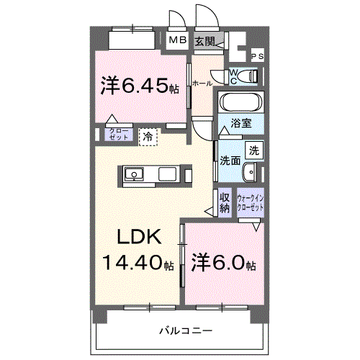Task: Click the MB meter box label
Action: [x=176, y=42]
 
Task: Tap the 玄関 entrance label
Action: [x=205, y=42]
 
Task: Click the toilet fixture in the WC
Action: [x=244, y=75]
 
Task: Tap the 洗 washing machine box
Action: [x=253, y=150]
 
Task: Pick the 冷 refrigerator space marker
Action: [x=148, y=135]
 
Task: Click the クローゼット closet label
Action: [x=116, y=134]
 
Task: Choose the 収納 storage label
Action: [x=225, y=202]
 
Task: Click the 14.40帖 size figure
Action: [x=138, y=264]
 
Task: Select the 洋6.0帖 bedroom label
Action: [x=223, y=264]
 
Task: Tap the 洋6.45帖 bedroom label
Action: [x=140, y=86]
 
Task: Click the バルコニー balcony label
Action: [x=186, y=330]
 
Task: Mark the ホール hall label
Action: [x=202, y=84]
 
